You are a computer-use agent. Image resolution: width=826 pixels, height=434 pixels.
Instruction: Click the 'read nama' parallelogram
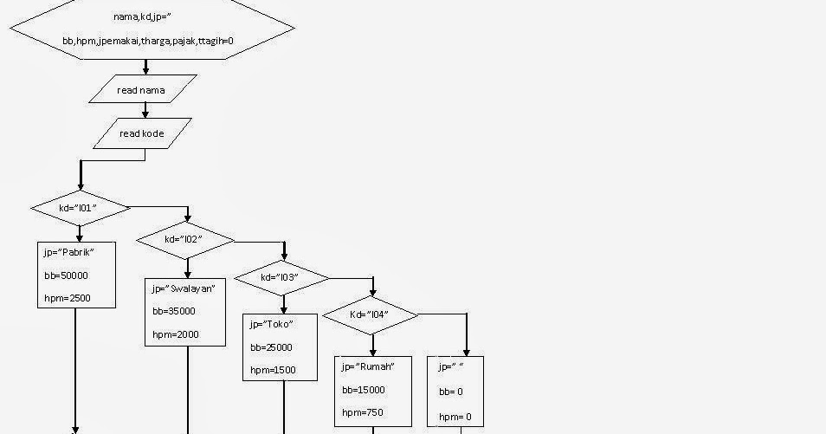(x=141, y=89)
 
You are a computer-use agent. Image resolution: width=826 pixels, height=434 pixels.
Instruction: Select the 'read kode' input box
(x=142, y=133)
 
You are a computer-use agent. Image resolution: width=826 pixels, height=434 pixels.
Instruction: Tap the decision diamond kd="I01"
(x=80, y=208)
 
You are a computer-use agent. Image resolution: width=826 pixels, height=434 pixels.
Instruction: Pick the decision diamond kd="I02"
(x=185, y=240)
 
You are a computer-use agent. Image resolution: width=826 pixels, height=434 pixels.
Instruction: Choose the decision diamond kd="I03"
(x=282, y=278)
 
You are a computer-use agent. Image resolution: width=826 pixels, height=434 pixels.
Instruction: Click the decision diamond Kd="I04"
(x=370, y=314)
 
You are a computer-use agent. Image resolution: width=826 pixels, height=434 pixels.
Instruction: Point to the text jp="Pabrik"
(x=68, y=252)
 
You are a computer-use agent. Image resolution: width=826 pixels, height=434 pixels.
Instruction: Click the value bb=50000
(x=66, y=275)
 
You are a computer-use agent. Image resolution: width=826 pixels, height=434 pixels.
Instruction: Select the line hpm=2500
(x=68, y=299)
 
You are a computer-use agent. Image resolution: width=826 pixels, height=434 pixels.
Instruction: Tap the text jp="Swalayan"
(x=183, y=288)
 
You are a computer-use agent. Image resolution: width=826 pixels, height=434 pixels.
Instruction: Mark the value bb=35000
(x=173, y=311)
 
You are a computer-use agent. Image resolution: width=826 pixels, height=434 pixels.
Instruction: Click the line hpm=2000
(x=175, y=334)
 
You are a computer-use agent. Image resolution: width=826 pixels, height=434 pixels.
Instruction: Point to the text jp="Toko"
(x=271, y=324)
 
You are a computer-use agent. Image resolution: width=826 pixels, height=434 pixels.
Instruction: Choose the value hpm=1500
(x=273, y=370)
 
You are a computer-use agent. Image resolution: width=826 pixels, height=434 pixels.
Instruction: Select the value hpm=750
(x=362, y=412)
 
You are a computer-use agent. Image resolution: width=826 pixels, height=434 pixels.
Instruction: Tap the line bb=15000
(x=363, y=390)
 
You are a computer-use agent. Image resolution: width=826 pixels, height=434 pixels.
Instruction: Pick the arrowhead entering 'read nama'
(x=145, y=70)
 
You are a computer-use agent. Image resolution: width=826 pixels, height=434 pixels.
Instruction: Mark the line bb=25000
(x=271, y=347)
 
